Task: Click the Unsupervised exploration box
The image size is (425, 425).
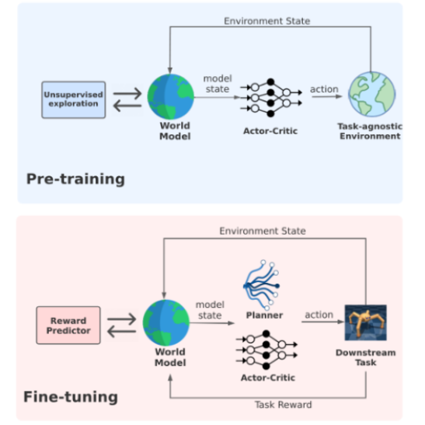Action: pos(74,99)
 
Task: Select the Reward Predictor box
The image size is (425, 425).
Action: pos(68,325)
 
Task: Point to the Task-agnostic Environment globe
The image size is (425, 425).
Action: pos(370,96)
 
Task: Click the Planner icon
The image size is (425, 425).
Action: pos(262,286)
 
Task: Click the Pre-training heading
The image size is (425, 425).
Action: pos(75,179)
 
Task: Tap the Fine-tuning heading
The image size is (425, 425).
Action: pos(71,397)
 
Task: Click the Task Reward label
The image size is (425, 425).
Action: pos(284,405)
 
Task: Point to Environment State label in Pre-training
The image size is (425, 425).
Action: pos(266,21)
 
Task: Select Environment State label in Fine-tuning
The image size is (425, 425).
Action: pos(262,231)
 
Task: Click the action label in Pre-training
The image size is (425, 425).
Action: pos(324,89)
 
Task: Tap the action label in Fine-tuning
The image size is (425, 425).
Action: pos(319,315)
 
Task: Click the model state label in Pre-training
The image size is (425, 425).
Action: pos(217,83)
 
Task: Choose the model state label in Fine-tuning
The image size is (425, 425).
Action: pos(210,310)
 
